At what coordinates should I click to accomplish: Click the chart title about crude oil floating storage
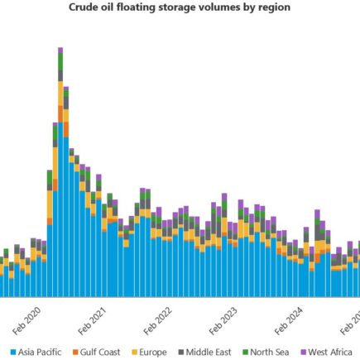coord(180,7)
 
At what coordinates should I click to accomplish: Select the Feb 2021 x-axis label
coord(95,318)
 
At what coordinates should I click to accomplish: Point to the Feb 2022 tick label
coord(162,318)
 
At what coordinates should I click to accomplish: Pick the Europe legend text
coord(152,353)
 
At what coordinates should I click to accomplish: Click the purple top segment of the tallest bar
coord(60,50)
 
